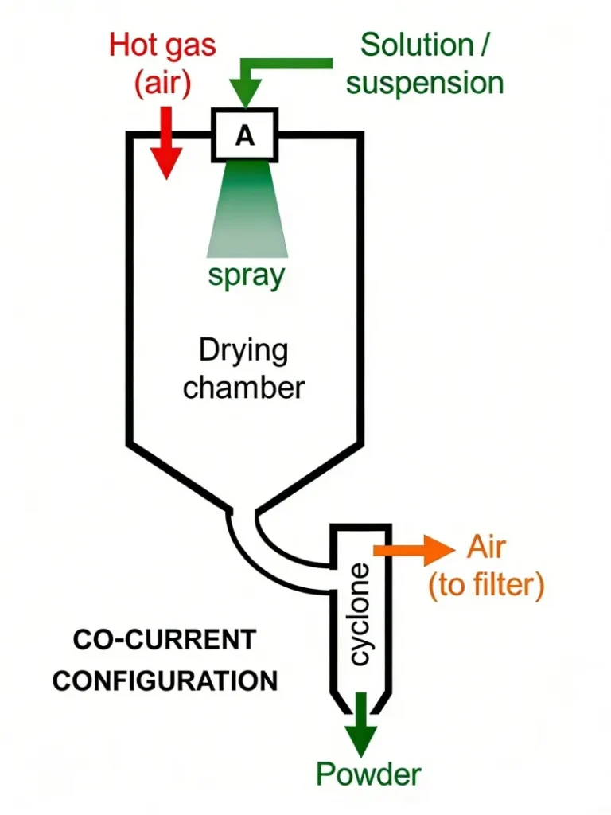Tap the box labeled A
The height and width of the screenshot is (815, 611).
pos(244,135)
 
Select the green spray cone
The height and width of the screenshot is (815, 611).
pos(246,210)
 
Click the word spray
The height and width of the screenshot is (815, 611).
pos(246,275)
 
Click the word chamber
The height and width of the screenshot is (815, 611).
pos(243,388)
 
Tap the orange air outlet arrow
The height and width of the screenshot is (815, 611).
pos(413,549)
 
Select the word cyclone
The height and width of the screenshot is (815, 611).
pos(360,613)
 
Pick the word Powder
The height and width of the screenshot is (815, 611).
pos(368,774)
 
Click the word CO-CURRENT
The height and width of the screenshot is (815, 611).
pos(165,639)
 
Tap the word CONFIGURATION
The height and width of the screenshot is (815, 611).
pos(165,681)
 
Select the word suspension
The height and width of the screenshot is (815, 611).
pos(426,83)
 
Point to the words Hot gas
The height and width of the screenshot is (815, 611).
pos(162,45)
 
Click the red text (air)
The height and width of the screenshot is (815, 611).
pos(162,83)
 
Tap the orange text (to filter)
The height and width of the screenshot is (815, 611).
pos(486,586)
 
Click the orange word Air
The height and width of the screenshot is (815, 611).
pos(486,548)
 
